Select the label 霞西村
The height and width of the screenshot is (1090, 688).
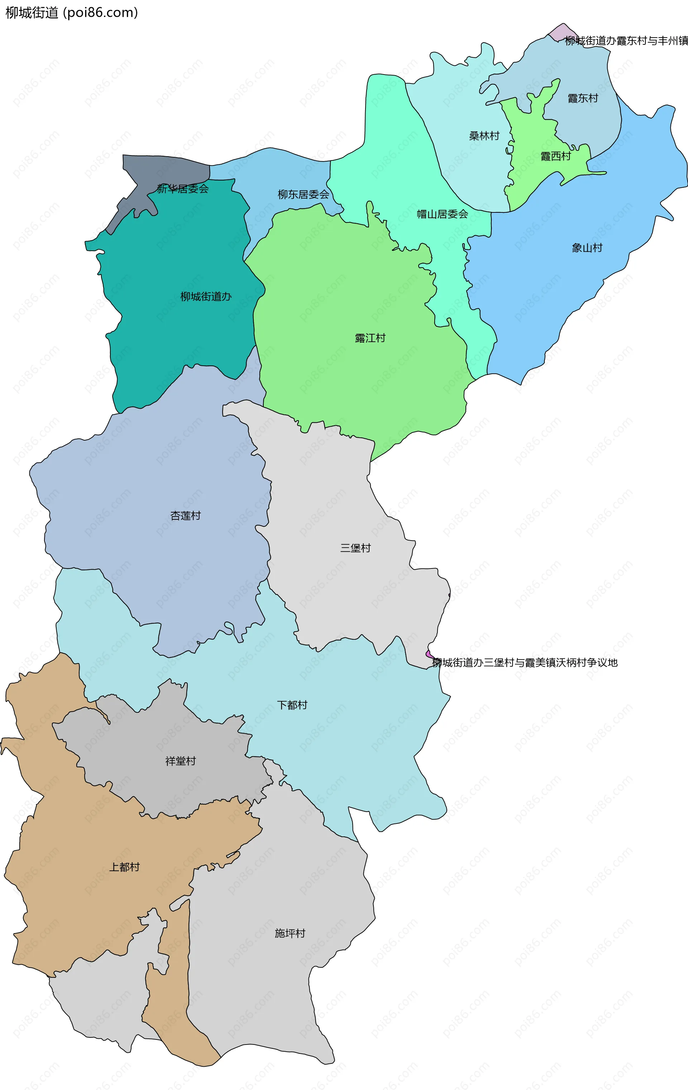click(x=555, y=157)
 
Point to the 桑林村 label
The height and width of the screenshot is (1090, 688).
click(x=484, y=136)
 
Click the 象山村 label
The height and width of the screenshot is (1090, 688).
click(x=587, y=248)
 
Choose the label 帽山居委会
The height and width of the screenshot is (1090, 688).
click(x=442, y=214)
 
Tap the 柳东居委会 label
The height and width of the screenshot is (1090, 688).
click(x=303, y=195)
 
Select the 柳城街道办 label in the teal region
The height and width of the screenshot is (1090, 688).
click(x=206, y=297)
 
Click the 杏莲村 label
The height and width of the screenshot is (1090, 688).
click(x=185, y=515)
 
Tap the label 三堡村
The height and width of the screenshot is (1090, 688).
click(x=355, y=548)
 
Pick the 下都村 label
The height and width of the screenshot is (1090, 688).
click(x=292, y=705)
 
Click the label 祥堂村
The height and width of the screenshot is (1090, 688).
click(x=180, y=761)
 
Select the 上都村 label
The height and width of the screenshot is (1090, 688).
click(x=124, y=867)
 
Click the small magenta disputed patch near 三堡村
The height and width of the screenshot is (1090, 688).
click(x=429, y=654)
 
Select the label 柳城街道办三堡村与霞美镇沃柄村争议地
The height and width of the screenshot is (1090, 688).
click(x=525, y=663)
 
